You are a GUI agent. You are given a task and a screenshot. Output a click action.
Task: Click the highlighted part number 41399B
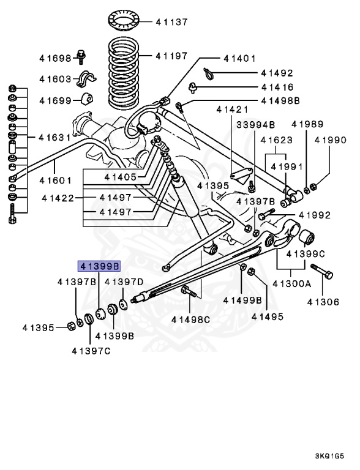(x=99, y=266)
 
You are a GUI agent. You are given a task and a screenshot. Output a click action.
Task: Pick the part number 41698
(x=55, y=58)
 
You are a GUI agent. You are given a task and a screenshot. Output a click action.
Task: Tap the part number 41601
(x=56, y=180)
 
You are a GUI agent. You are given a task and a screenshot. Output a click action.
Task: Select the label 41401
(x=239, y=59)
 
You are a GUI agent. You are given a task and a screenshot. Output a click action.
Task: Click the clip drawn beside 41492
(x=209, y=73)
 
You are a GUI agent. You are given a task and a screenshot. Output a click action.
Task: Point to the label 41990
(x=331, y=140)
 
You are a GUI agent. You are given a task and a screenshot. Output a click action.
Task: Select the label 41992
(x=315, y=215)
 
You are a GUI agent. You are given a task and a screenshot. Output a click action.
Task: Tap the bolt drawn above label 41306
(x=322, y=272)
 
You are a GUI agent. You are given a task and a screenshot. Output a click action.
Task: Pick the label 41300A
(x=292, y=283)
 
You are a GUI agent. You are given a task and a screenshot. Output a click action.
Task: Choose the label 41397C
(x=91, y=351)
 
